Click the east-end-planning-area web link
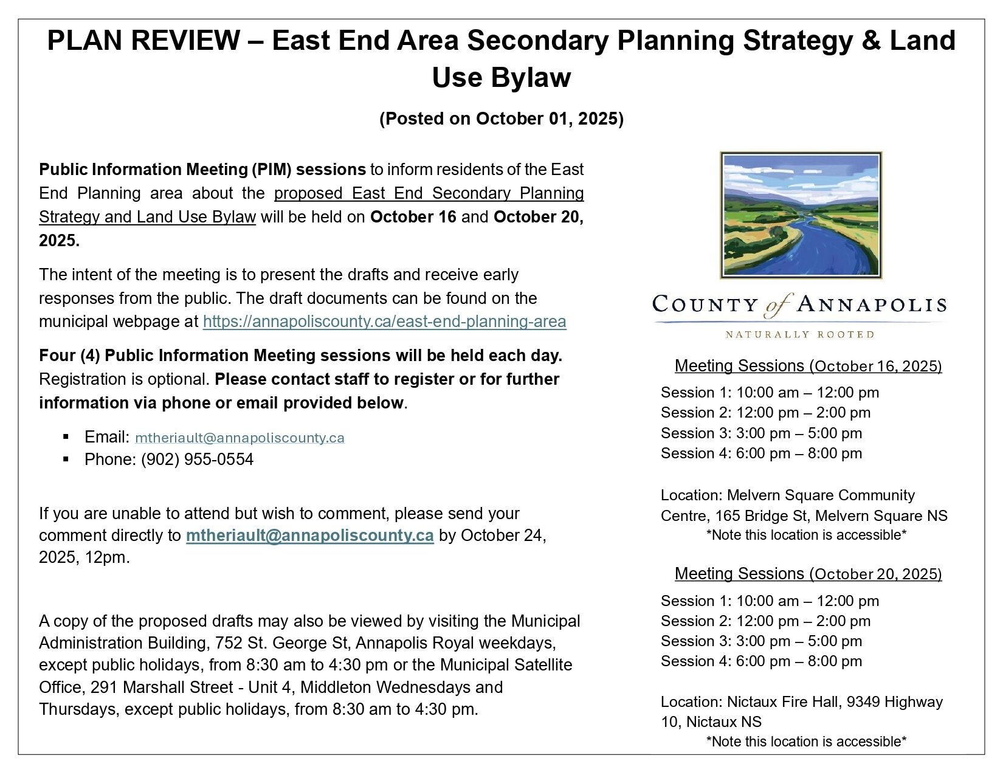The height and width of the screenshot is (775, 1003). coord(384,322)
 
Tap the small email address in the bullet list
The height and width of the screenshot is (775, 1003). coord(240,438)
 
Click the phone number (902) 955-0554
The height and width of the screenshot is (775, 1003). coord(197,460)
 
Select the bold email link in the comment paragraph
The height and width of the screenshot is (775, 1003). coord(309,536)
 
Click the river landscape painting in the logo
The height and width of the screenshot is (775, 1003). coord(801,215)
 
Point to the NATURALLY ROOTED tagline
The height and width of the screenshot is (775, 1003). coord(800,334)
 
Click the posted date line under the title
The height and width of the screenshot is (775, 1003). coord(501,119)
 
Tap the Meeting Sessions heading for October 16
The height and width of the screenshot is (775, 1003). coord(808,366)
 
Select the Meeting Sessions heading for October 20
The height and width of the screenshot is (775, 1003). coord(808,574)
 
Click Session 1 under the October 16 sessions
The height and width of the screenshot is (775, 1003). coord(770,393)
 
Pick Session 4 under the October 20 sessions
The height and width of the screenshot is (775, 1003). coord(761,661)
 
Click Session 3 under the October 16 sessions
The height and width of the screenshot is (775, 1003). coord(761,433)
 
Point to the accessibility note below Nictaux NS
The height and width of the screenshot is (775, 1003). coord(806,742)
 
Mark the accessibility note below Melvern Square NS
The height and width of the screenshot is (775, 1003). coord(806,535)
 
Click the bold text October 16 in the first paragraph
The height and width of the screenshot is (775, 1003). coord(413,217)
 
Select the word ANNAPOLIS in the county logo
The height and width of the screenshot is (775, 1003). coord(872,304)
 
